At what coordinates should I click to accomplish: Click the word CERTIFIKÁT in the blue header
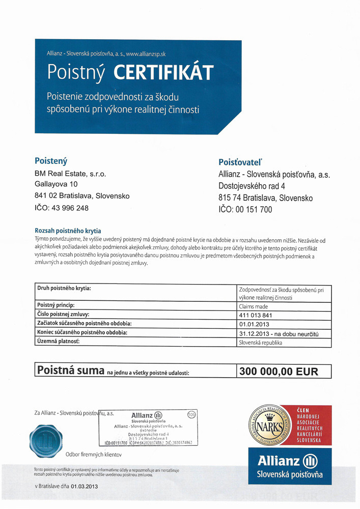point(162,73)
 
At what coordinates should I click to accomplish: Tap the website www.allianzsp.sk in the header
point(153,53)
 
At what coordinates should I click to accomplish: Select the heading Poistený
point(51,161)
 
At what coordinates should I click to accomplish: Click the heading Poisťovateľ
point(240,162)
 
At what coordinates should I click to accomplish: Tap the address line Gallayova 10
point(57,184)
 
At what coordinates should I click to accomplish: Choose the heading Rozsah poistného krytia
point(67,231)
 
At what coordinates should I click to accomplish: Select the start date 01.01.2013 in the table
point(254,324)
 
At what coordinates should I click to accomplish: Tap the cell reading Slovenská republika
point(260,343)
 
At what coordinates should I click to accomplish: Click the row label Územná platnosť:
point(59,342)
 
